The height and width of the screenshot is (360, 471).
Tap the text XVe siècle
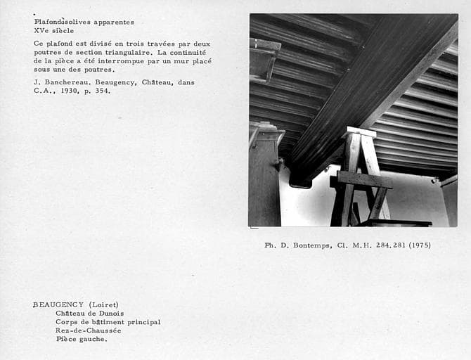point(54,31)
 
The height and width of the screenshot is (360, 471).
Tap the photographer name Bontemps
point(311,245)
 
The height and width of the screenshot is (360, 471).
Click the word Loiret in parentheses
point(103,304)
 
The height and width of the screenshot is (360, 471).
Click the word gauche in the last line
point(94,339)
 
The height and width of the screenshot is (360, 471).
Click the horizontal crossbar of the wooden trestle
point(363,180)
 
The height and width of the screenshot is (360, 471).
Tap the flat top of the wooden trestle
point(361,131)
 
